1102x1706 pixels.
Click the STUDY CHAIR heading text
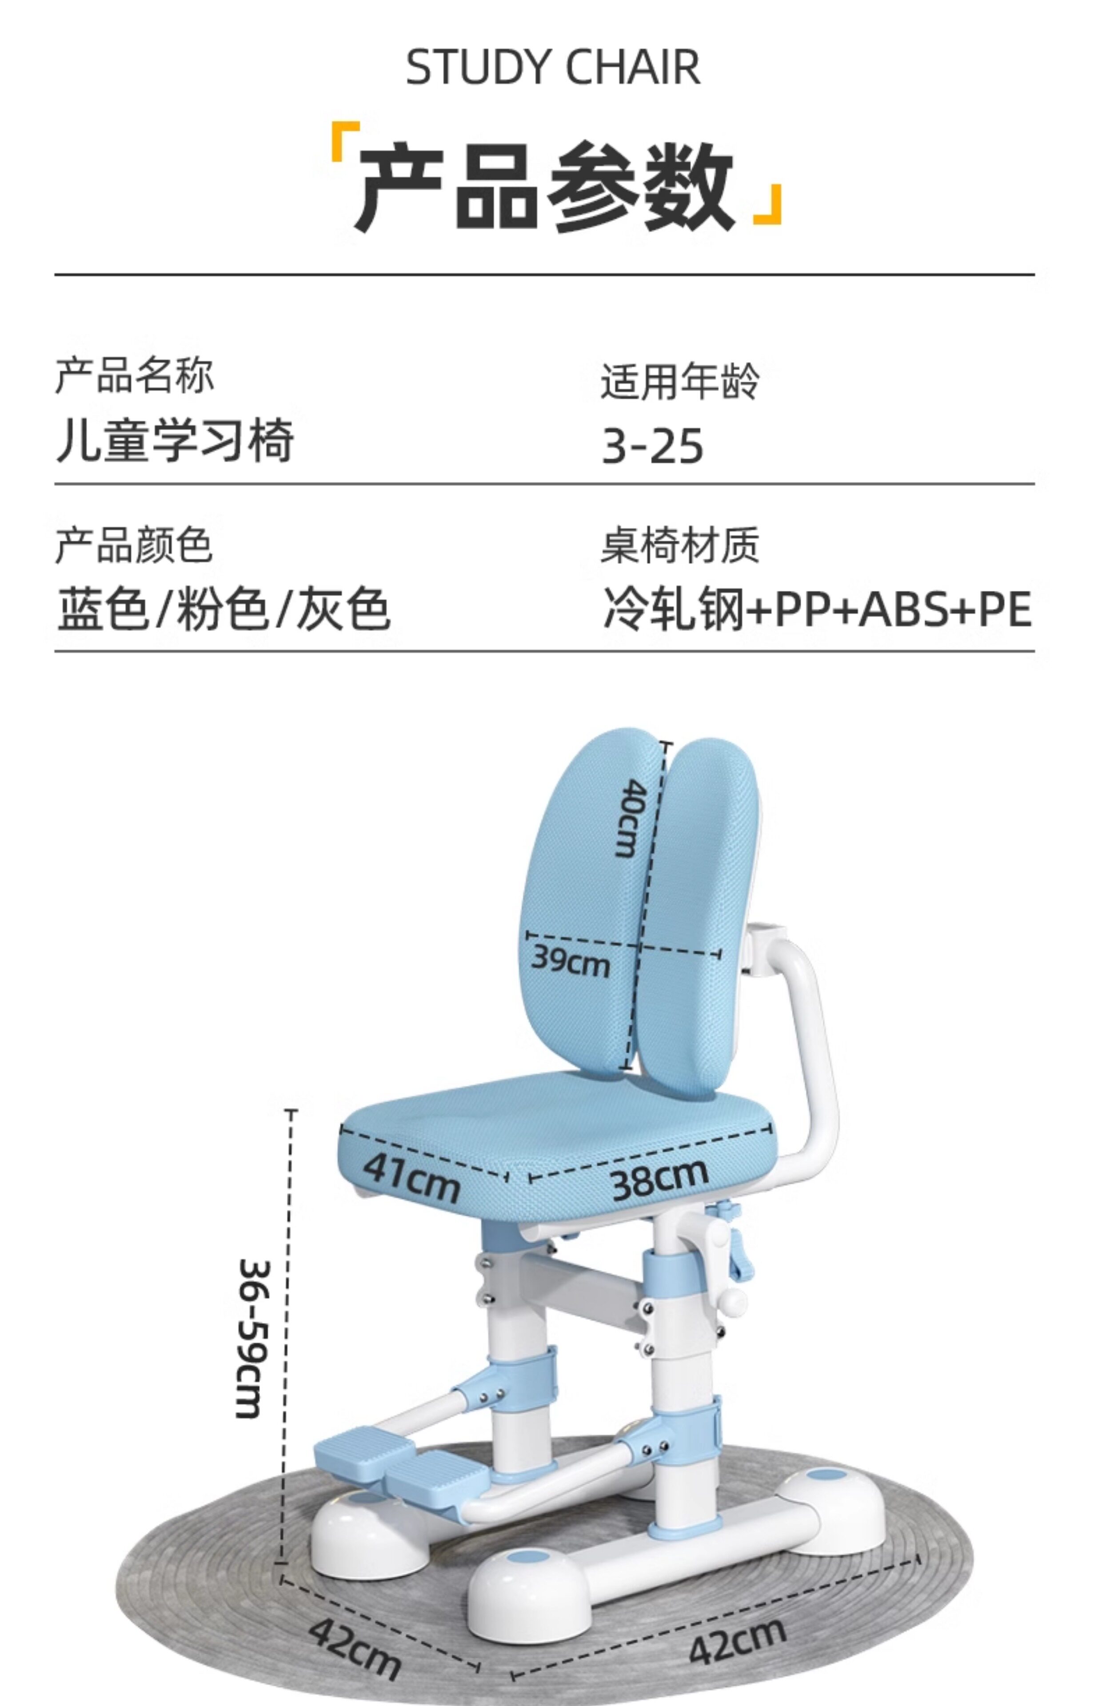[552, 68]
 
